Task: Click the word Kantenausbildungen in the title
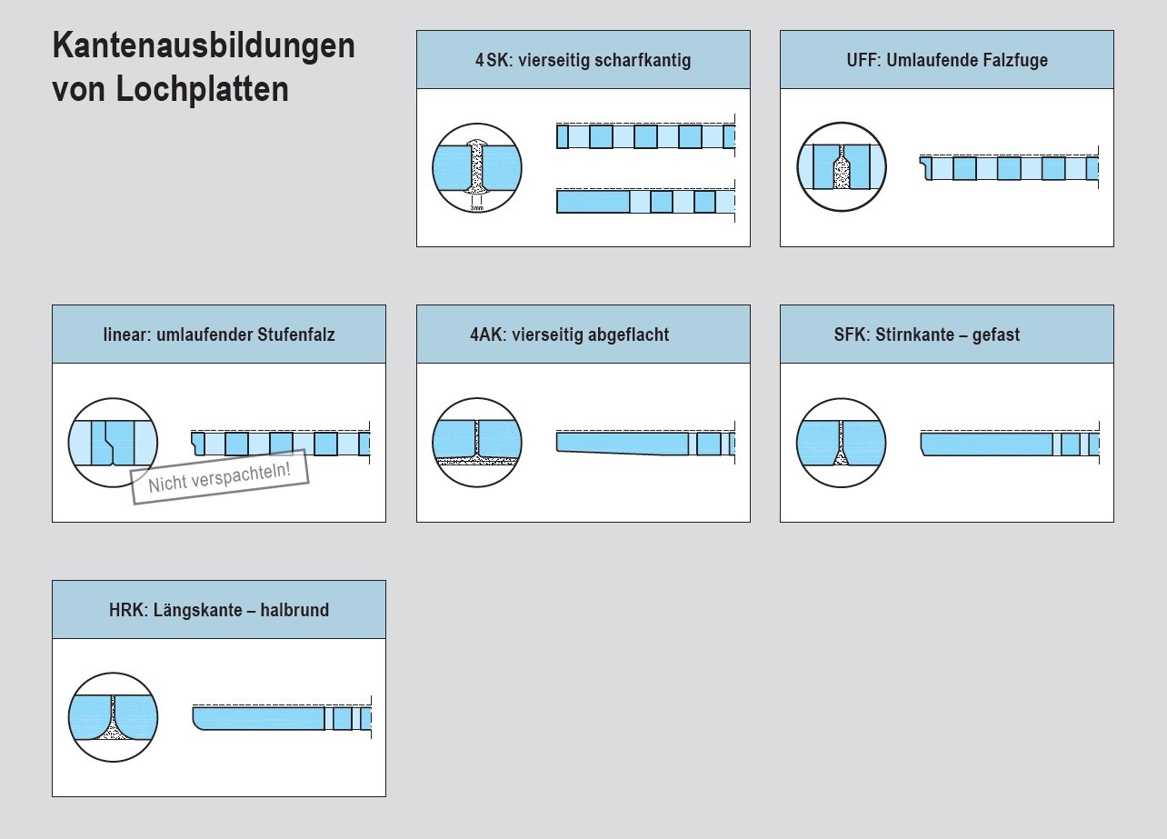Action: coord(204,45)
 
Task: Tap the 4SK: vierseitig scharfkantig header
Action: coord(583,61)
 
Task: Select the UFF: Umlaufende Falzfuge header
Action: coord(946,61)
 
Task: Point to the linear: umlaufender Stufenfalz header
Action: coord(219,335)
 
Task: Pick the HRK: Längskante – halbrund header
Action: coord(219,610)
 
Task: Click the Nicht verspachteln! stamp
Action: coord(220,476)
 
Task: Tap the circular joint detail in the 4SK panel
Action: coord(477,168)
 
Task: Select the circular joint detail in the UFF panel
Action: coord(842,167)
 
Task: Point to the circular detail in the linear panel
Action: coord(113,443)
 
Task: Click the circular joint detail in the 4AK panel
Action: coord(477,443)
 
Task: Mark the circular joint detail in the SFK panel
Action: coord(842,443)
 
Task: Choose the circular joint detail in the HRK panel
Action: coord(113,718)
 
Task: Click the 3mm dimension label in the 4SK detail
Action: coord(477,208)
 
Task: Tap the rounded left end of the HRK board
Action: coord(200,718)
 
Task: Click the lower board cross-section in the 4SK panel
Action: coord(645,201)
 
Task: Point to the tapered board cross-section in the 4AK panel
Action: coord(623,443)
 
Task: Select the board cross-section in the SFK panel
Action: coord(986,444)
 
